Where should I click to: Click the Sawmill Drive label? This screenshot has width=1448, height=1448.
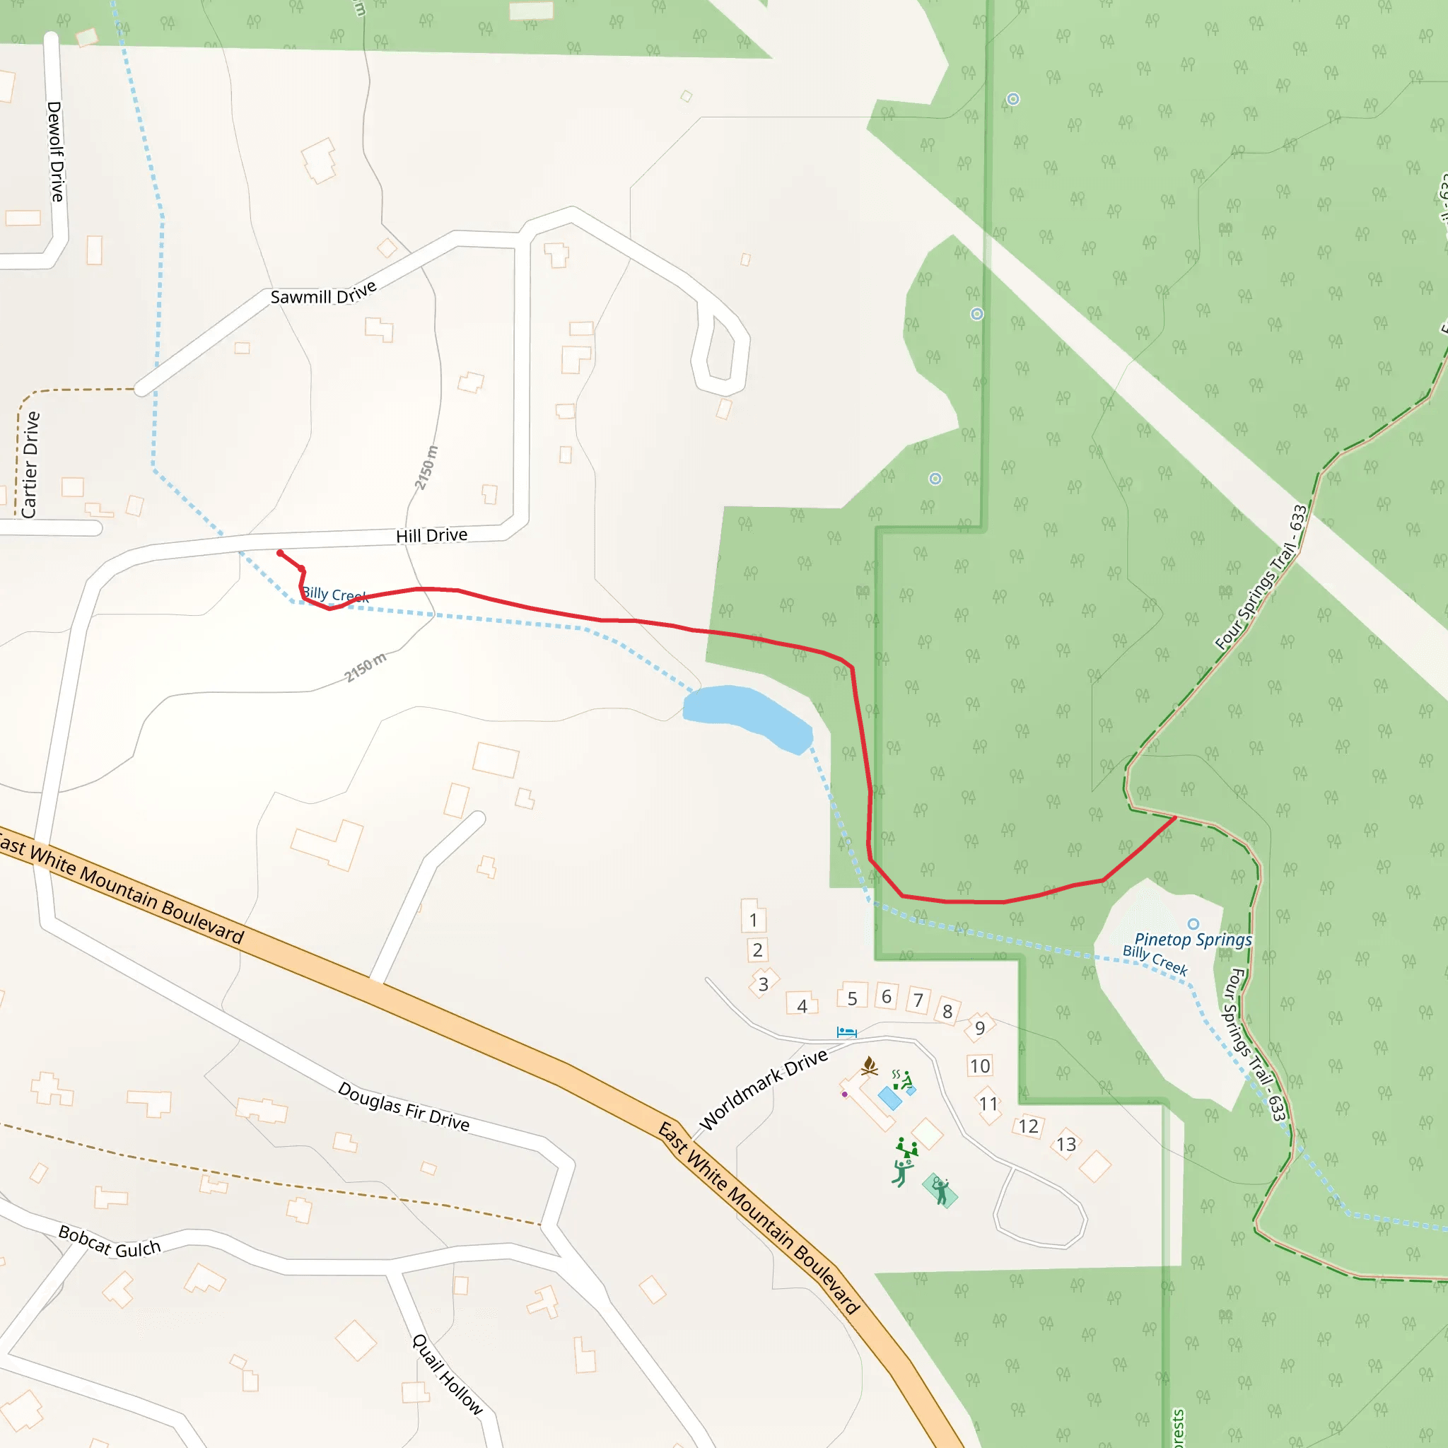point(323,293)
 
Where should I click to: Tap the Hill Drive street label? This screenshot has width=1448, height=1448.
point(431,535)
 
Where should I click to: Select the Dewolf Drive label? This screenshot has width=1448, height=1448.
point(55,151)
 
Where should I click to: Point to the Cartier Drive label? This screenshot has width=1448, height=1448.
point(30,465)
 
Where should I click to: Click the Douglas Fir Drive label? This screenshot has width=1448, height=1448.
point(403,1107)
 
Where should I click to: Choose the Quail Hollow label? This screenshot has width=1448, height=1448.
point(448,1374)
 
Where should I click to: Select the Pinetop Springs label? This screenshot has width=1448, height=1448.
point(1193,940)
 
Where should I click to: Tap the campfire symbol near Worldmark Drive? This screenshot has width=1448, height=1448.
point(870,1065)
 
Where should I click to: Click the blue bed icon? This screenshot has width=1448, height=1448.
point(846,1033)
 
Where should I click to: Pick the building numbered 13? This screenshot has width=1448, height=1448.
point(1065,1145)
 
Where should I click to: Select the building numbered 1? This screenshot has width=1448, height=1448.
point(753,920)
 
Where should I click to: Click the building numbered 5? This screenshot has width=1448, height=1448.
point(852,998)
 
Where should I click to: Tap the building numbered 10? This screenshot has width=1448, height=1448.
point(979,1065)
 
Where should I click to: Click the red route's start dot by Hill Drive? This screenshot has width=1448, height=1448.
point(280,554)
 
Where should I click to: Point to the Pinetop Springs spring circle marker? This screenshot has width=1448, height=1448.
point(1193,924)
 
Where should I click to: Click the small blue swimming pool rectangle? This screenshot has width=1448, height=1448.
point(889,1099)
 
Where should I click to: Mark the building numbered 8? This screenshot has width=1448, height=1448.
point(947,1012)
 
